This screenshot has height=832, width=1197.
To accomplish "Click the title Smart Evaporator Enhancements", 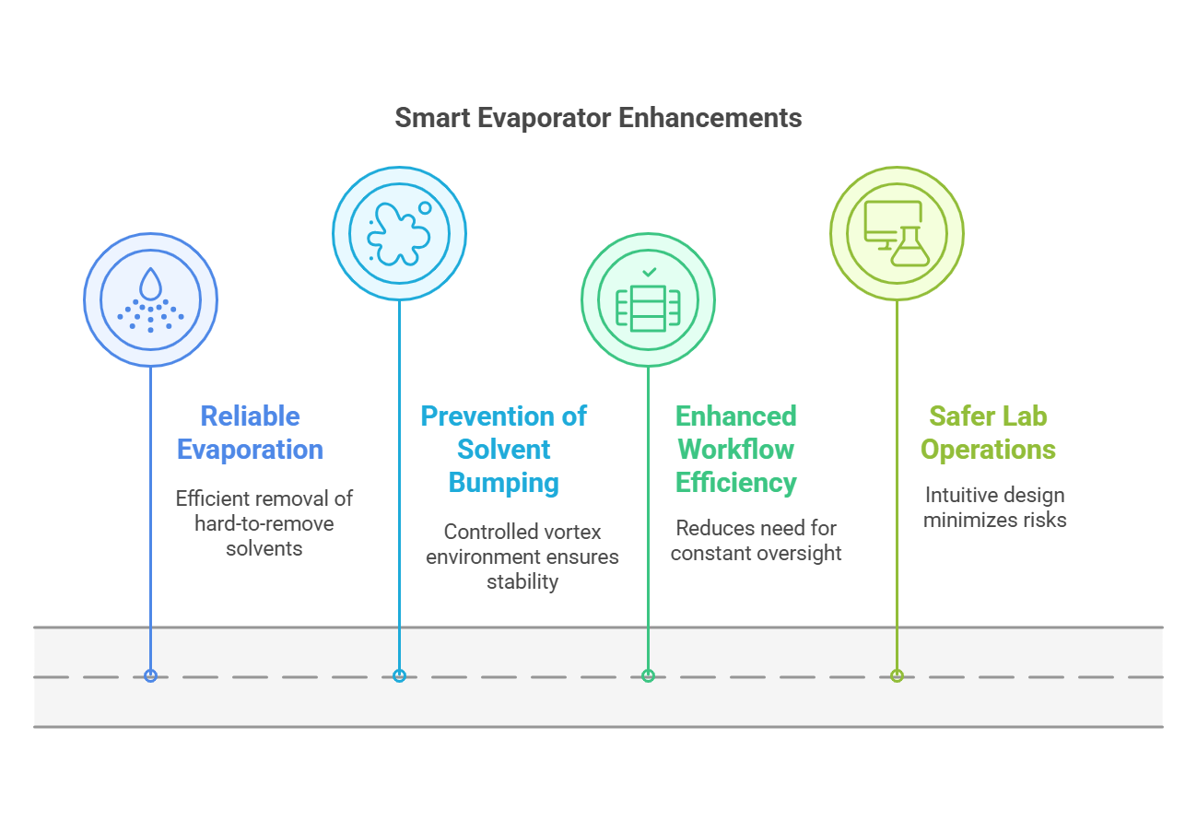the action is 598,118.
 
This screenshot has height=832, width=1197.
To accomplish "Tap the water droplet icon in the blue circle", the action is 151,283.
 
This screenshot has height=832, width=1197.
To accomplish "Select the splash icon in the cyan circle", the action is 399,235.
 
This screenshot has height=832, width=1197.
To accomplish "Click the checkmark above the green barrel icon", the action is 650,273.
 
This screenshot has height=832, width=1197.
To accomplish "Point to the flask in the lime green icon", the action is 910,247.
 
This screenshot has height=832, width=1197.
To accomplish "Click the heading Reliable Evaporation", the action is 250,432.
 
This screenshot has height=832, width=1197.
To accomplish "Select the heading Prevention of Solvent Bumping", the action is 503,450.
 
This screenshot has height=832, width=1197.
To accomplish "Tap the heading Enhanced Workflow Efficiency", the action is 736,450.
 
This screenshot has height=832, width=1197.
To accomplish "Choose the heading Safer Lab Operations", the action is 988,432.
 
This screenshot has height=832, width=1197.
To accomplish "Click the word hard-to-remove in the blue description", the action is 264,523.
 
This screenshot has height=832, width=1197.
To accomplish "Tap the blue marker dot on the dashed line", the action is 151,676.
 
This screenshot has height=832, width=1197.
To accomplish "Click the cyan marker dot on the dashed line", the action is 399,676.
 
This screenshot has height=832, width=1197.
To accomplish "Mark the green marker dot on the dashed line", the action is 648,676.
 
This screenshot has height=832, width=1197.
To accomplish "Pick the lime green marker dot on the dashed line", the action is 898,676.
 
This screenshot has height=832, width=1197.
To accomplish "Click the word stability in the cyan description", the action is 522,582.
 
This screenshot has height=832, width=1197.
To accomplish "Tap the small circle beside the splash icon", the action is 425,208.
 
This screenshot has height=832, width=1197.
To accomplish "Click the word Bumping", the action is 503,483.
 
